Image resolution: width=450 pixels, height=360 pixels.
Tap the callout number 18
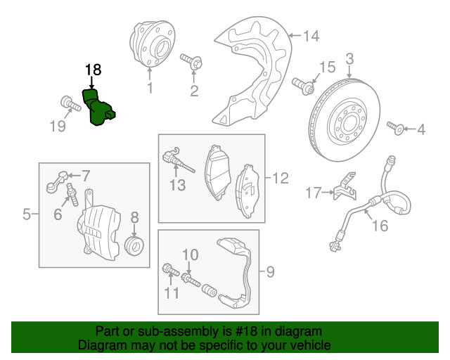coord(93,70)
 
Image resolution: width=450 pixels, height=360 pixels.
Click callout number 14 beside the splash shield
coord(310,34)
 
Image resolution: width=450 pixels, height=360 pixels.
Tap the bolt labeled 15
coord(304,86)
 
